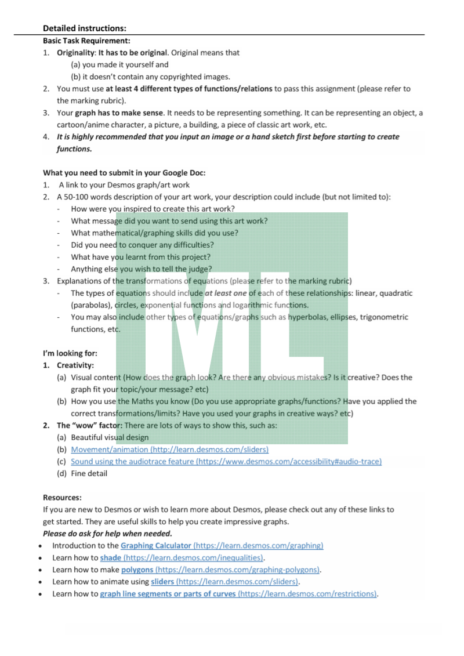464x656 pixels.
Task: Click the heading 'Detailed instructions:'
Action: [85, 28]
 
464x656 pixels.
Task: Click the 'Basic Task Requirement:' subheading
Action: [86, 41]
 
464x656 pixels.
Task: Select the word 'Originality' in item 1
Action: [75, 53]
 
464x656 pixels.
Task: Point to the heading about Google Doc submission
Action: [124, 173]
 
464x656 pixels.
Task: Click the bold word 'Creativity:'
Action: [75, 365]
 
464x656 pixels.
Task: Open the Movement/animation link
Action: [169, 450]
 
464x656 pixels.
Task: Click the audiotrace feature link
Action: [226, 462]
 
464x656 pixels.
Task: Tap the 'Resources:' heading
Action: [62, 498]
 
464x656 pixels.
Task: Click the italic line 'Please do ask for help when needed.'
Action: [107, 534]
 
